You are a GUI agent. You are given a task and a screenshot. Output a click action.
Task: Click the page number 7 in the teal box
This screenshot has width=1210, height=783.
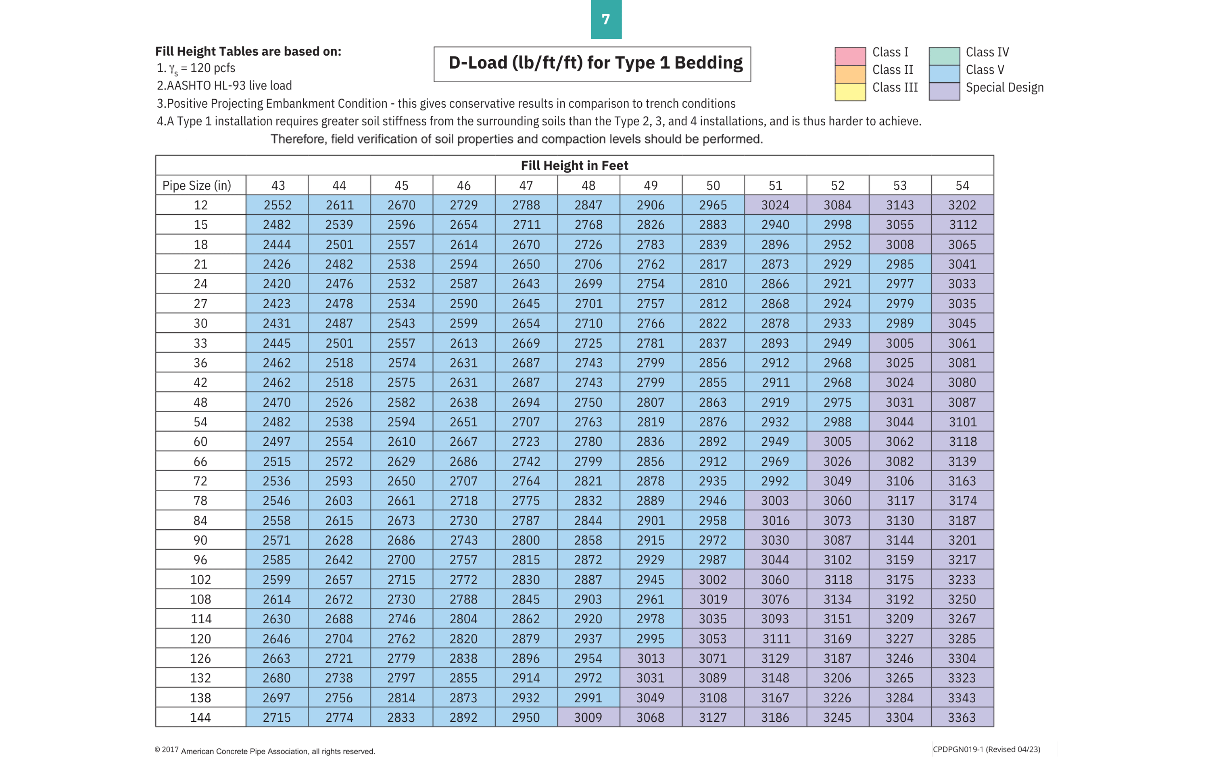605,19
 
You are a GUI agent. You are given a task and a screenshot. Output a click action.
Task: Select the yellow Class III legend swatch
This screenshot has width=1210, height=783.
850,92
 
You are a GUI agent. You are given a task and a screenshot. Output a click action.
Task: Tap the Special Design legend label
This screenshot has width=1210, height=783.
1004,88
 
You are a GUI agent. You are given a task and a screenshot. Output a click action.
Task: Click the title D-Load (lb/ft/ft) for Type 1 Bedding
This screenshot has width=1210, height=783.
595,63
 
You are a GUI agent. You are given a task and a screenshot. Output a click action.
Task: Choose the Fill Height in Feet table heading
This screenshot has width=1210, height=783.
574,166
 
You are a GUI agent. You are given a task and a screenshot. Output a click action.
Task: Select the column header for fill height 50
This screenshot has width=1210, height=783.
713,186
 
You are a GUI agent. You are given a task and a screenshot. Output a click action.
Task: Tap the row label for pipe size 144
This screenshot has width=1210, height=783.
200,717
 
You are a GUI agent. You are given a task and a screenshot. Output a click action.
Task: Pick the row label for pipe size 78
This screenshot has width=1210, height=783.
200,501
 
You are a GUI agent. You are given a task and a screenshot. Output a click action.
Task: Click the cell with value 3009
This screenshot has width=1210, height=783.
588,717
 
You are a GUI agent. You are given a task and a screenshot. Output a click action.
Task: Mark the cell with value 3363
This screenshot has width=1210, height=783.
962,717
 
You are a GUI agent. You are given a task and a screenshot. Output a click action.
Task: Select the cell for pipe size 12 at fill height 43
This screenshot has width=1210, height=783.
277,205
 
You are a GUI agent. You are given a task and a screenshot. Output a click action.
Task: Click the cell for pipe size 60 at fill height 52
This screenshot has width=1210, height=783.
837,441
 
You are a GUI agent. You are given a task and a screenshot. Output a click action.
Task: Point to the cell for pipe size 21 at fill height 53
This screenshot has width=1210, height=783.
900,264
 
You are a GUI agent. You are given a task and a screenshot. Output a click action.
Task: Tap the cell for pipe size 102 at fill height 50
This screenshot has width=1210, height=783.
713,580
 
